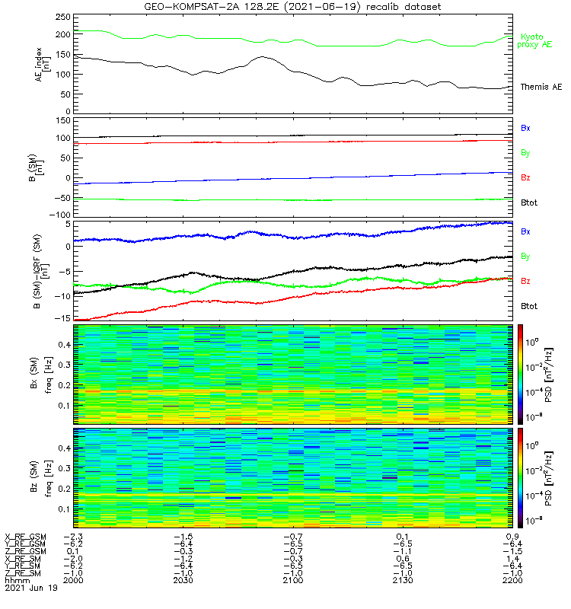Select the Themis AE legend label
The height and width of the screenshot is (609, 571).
tap(541, 88)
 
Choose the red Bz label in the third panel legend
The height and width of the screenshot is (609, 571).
tap(525, 282)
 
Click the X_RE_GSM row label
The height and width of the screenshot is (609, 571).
tap(25, 537)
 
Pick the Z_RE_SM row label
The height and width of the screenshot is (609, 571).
tap(24, 572)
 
